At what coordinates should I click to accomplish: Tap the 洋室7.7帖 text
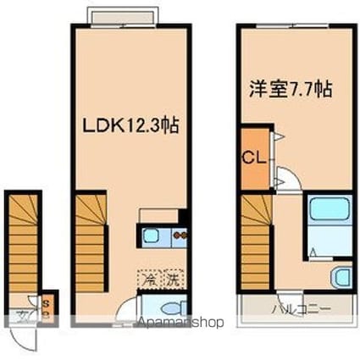(290, 88)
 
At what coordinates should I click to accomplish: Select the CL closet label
(252, 158)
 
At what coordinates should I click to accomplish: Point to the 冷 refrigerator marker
(147, 277)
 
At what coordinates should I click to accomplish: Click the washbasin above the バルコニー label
(340, 276)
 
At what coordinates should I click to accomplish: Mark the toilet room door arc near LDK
(127, 307)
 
